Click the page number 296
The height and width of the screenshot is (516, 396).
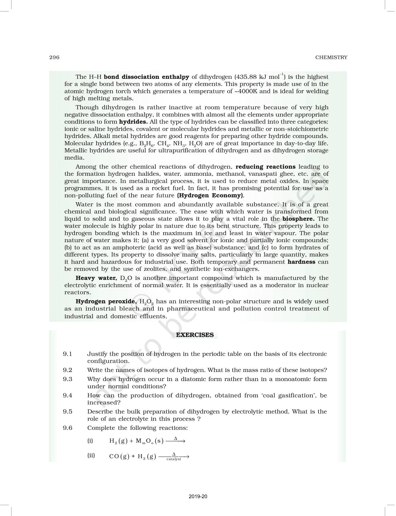(54, 57)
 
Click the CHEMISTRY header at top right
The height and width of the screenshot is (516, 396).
(331, 57)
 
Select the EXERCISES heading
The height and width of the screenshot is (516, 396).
(195, 335)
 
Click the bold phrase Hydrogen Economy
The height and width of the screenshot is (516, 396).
(211, 195)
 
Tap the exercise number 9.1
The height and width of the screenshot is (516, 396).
(68, 354)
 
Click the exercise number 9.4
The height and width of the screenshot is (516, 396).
(68, 395)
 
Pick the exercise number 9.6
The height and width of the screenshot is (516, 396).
(68, 428)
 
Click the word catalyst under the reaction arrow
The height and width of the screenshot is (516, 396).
(174, 459)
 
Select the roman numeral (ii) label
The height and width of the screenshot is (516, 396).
(91, 456)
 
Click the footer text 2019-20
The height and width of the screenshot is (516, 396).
(198, 496)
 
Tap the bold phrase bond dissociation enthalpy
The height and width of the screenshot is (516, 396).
(146, 77)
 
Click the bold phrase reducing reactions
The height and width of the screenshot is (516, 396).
(265, 167)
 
